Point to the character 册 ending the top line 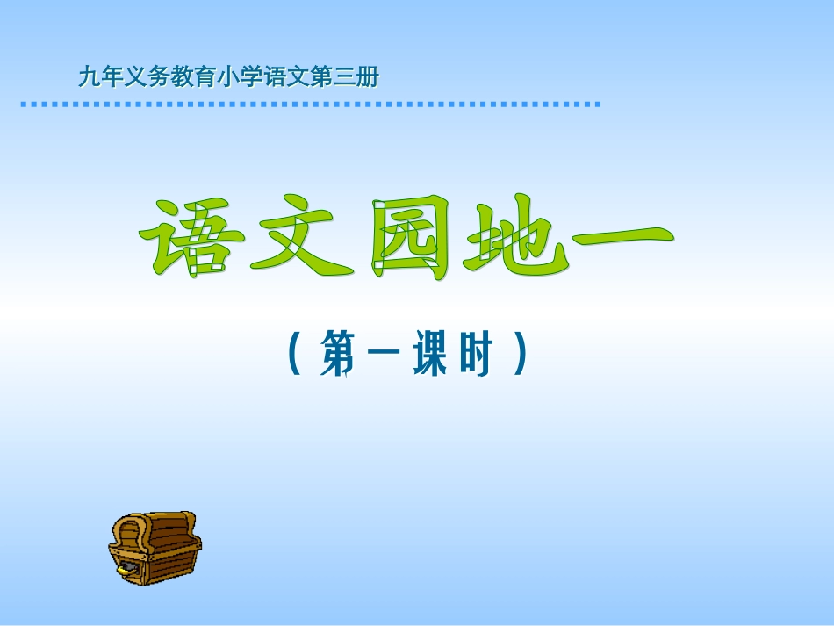[369, 78]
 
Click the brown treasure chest [155, 548]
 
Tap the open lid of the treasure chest [132, 530]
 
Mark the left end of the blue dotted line [23, 104]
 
